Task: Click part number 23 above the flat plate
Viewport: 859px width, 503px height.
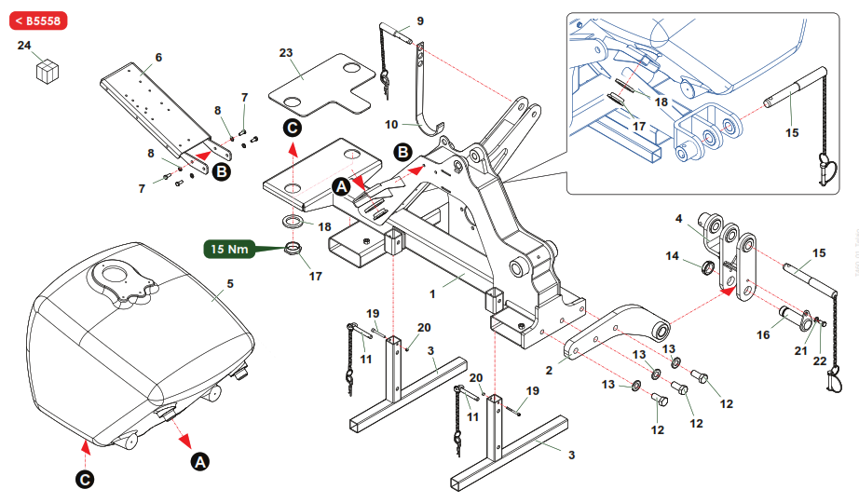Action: click(x=286, y=54)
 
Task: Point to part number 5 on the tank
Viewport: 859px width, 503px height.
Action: click(x=229, y=281)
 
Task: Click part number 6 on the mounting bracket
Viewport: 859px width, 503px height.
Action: click(x=158, y=58)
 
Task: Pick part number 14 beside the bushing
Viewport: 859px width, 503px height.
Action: click(x=672, y=255)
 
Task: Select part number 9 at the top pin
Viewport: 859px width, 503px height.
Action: click(x=419, y=20)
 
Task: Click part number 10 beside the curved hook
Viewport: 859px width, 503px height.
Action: click(x=392, y=123)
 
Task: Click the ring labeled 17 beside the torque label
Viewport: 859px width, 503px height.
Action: click(x=293, y=249)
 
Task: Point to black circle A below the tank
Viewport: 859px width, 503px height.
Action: click(x=199, y=460)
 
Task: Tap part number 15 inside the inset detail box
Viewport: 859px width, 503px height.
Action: click(x=792, y=133)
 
